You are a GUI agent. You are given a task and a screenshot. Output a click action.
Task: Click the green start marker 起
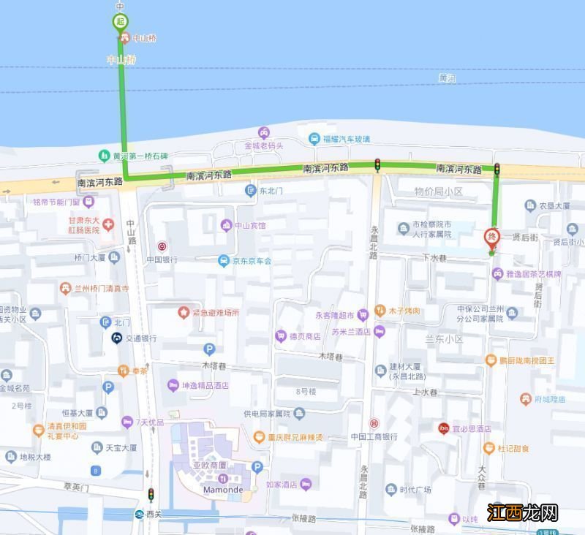(121, 21)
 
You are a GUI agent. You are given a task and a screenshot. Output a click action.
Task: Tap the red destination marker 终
(492, 237)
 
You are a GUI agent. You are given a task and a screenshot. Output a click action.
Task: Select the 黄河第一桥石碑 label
(139, 156)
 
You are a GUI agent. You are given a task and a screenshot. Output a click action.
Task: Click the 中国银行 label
(162, 259)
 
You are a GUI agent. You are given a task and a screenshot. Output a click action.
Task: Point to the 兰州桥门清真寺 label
(102, 289)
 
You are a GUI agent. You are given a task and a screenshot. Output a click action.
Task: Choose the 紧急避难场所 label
(216, 312)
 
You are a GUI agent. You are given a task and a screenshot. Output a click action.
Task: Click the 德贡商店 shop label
(303, 336)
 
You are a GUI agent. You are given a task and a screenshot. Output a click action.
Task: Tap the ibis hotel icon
(443, 428)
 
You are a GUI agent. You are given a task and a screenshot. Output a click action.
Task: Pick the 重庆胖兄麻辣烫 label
(295, 437)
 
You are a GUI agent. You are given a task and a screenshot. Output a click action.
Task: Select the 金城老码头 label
(263, 145)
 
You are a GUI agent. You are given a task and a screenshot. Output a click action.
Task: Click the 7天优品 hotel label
(151, 422)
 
